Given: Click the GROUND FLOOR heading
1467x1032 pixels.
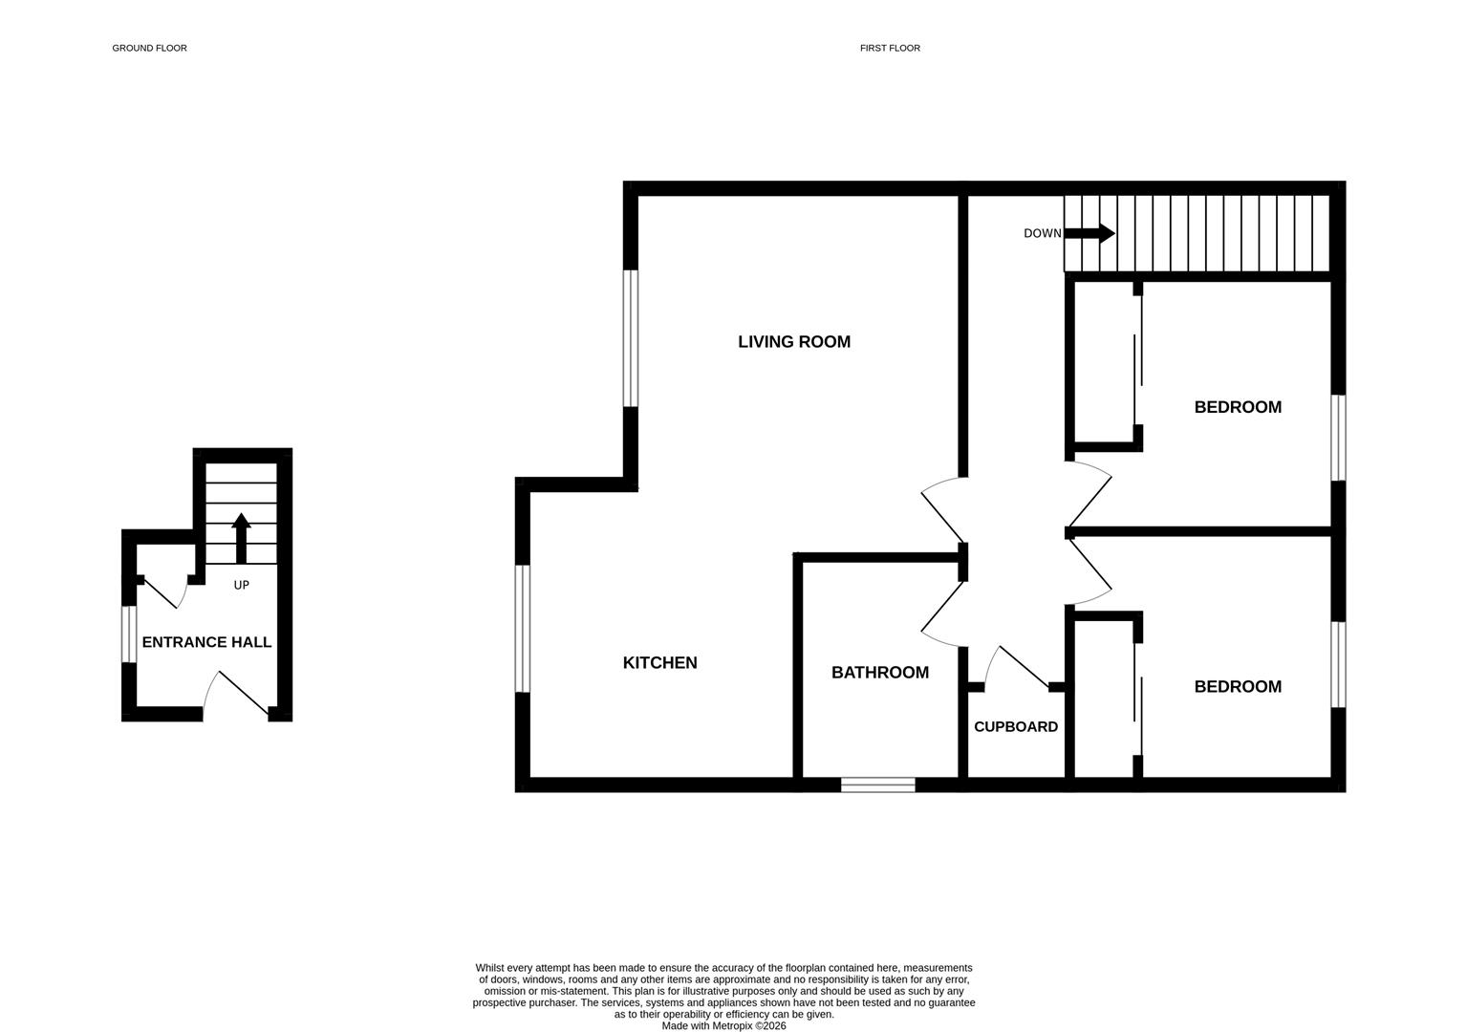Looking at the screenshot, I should pos(149,48).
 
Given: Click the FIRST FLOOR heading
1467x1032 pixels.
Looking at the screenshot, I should pos(890,48).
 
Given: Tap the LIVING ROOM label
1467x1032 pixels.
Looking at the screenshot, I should pos(793,342).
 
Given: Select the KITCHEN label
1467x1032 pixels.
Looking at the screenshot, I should pos(659,663).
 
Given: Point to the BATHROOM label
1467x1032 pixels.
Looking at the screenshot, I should pos(879,673).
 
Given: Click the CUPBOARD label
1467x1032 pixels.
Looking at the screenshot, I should pos(1015,727).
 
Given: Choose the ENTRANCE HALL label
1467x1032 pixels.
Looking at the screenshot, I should pos(206,643).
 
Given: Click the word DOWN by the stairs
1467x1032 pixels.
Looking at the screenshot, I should pos(1042,233).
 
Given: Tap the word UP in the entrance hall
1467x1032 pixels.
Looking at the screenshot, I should pos(241,585).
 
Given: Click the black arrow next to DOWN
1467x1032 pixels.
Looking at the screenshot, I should pos(1089,233).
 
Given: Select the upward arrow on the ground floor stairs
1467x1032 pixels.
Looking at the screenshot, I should pos(241,538).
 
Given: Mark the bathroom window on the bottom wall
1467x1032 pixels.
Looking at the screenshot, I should pos(877,785).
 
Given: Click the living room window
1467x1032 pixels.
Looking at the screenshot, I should pos(630,338).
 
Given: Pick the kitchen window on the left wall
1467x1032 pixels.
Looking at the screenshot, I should pos(522,628).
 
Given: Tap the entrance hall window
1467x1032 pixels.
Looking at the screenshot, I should pos(128,634).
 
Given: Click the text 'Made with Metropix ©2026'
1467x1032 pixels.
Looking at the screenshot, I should pos(723,1026).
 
